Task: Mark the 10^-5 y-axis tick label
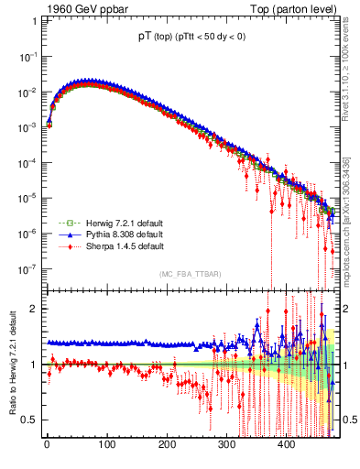pos(29,198)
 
